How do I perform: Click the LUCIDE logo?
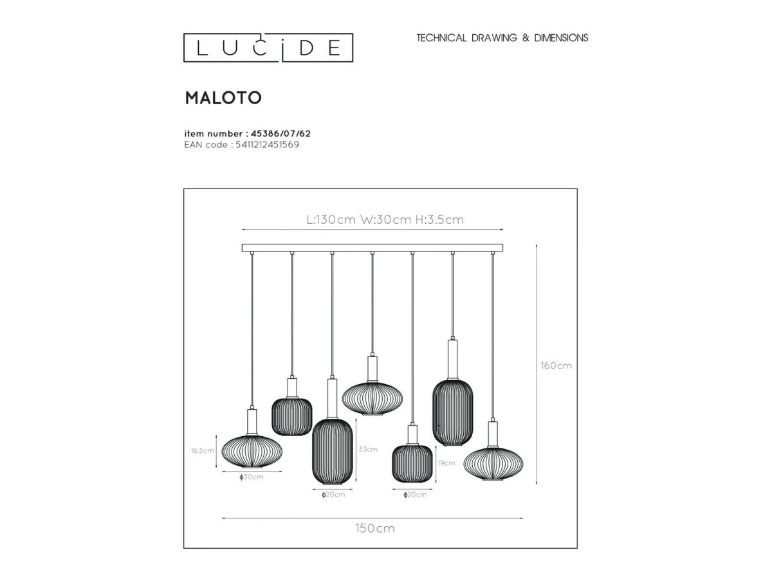coord(268,48)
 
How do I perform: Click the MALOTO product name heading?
coord(223,98)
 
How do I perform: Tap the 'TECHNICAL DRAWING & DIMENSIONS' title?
coord(502,37)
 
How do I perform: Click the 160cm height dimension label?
coord(556,365)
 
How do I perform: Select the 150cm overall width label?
coord(375,528)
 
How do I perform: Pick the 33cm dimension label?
coord(368,449)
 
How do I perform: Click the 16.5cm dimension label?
coord(202,450)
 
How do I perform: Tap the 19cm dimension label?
coord(446,463)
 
